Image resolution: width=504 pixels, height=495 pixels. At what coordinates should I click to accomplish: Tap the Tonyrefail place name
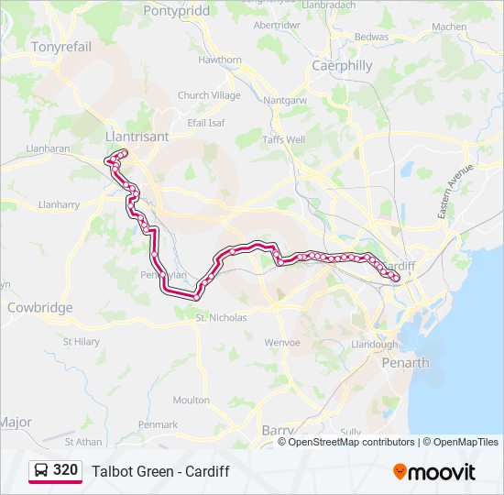tap(61, 47)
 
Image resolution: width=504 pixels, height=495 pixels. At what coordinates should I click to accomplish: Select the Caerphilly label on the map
tap(342, 66)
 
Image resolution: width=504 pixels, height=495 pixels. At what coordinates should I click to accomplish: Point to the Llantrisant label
tap(137, 136)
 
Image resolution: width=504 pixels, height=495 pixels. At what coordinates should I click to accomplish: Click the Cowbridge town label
tap(39, 308)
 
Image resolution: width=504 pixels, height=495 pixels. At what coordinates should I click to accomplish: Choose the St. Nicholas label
tap(221, 318)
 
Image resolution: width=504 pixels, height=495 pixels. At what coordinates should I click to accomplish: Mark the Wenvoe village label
tap(281, 343)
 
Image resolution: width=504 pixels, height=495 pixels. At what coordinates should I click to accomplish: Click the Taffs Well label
tap(283, 140)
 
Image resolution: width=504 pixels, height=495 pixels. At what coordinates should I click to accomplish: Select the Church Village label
tap(209, 95)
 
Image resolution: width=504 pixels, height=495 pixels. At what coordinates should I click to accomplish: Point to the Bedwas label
tap(371, 37)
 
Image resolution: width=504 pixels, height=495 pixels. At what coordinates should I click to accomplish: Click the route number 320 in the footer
tap(65, 470)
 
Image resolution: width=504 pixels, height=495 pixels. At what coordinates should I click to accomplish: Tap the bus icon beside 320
tap(40, 471)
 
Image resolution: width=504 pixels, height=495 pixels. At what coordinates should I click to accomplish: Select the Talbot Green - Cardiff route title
tap(160, 472)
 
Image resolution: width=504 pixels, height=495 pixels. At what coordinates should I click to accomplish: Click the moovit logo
tap(434, 472)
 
